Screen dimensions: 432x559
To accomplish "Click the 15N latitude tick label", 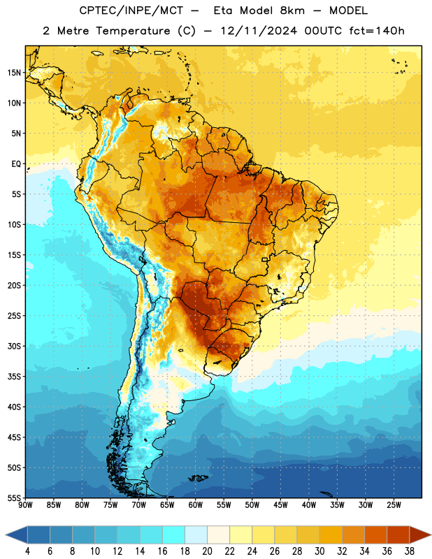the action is pyautogui.click(x=14, y=73).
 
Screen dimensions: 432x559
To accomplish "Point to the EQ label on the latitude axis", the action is pyautogui.click(x=16, y=164).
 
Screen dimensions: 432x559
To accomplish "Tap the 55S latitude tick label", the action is pyautogui.click(x=14, y=498).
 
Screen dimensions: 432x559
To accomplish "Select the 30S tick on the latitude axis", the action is pyautogui.click(x=14, y=346).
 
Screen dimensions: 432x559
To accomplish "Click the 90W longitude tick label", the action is pyautogui.click(x=25, y=505).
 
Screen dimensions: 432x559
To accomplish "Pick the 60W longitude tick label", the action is pyautogui.click(x=195, y=505).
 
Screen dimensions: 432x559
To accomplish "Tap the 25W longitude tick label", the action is pyautogui.click(x=394, y=505).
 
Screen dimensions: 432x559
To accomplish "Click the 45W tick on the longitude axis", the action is pyautogui.click(x=280, y=505).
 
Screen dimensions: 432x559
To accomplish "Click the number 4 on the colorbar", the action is pyautogui.click(x=27, y=551).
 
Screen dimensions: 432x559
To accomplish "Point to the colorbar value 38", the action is pyautogui.click(x=410, y=551).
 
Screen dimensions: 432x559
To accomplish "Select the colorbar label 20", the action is pyautogui.click(x=207, y=551).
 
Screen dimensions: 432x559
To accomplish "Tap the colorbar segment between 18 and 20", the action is pyautogui.click(x=196, y=535).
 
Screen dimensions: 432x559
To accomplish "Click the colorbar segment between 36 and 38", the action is pyautogui.click(x=398, y=535).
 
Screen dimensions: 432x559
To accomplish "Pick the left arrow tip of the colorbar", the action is pyautogui.click(x=6, y=535).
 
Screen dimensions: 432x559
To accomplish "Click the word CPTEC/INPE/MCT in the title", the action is pyautogui.click(x=131, y=10).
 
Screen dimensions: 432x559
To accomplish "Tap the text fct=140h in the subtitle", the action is pyautogui.click(x=377, y=31).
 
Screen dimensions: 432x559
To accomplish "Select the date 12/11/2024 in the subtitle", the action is pyautogui.click(x=259, y=31).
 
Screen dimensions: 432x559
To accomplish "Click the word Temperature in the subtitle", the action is pyautogui.click(x=133, y=31).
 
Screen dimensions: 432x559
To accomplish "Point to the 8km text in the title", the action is pyautogui.click(x=292, y=10).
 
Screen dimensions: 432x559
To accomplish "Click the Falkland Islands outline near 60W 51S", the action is pyautogui.click(x=198, y=478).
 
